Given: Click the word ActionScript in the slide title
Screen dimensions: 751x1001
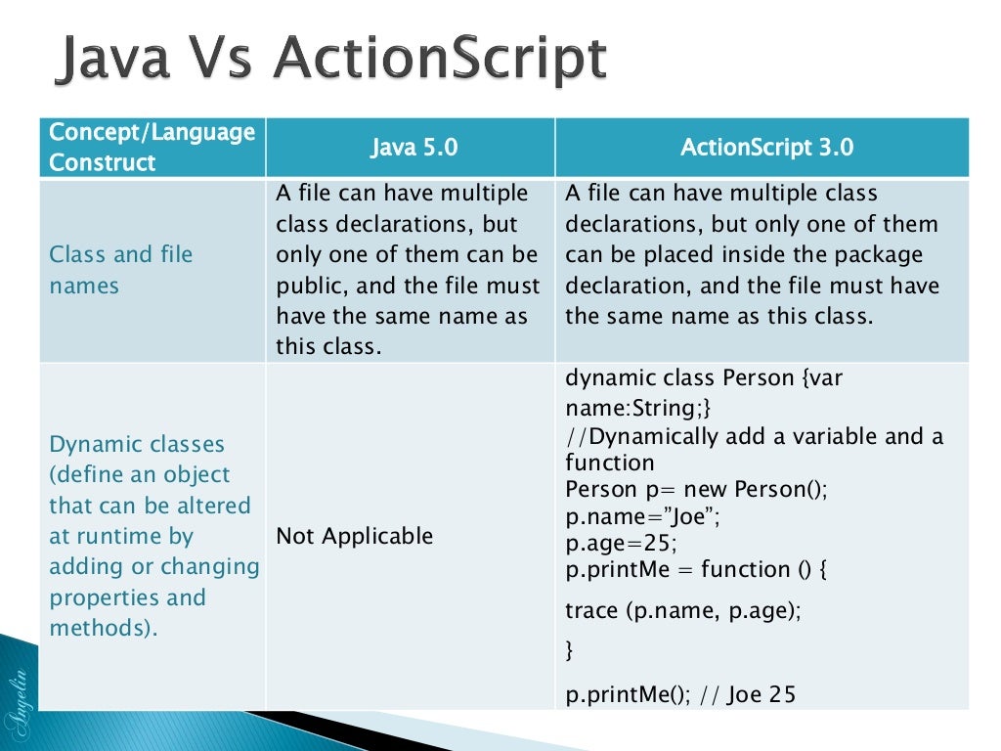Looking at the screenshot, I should (x=440, y=61).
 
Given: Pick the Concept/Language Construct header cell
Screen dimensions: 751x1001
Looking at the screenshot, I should (x=152, y=147).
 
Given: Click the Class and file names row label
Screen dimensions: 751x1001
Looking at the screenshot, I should (x=121, y=270).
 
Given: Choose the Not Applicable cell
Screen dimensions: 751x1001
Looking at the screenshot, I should (x=354, y=536).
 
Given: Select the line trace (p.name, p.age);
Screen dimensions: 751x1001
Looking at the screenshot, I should (x=683, y=610).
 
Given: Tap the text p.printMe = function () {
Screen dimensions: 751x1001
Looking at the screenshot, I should (x=696, y=569).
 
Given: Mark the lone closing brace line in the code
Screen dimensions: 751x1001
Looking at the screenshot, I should (x=571, y=649).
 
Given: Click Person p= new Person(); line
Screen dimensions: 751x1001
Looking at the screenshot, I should (x=696, y=489).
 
